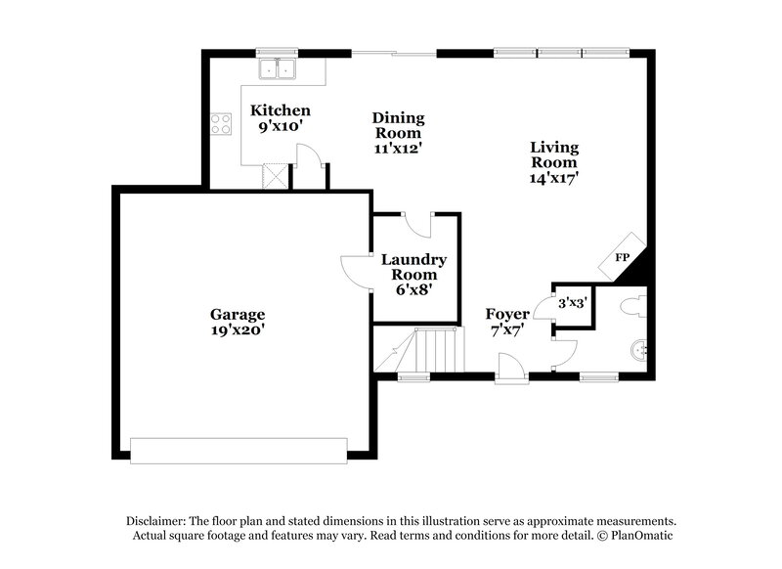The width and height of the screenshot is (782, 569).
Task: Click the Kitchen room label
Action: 281,110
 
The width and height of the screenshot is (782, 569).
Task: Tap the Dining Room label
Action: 397,125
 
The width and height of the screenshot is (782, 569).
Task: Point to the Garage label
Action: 238,314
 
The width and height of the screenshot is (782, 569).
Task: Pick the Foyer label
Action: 507,314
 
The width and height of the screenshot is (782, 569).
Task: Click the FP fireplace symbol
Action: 623,256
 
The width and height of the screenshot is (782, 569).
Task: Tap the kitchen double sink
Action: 280,68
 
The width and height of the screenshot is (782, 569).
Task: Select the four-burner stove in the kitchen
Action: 221,124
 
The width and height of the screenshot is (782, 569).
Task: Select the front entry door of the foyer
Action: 510,371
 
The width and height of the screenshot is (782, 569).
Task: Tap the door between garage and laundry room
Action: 353,271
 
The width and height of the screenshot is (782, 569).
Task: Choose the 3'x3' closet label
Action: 571,303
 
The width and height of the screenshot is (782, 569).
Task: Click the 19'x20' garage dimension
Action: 238,330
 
